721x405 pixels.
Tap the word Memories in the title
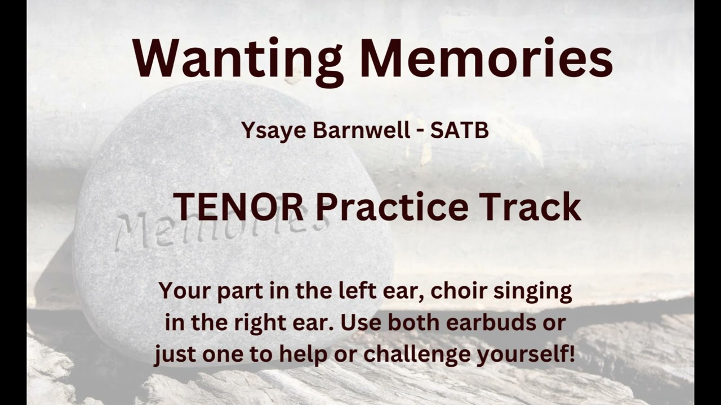(486, 58)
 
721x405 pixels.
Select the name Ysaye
(274, 130)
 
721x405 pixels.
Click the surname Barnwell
(362, 130)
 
